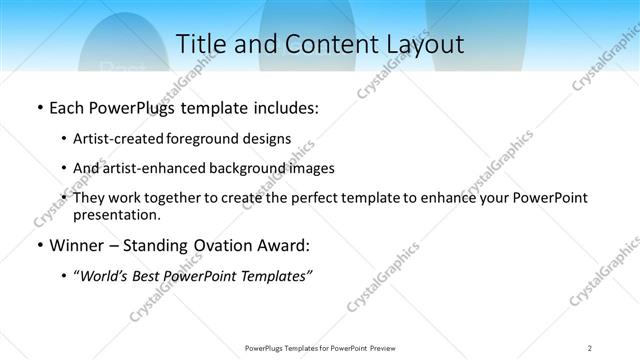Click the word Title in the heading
pos(198,44)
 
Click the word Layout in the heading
pos(424,44)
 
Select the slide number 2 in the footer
pos(590,348)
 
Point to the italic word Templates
pos(276,275)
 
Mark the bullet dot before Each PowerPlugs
pos(39,108)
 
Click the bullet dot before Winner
pos(39,246)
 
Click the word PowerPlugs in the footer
pos(268,348)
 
